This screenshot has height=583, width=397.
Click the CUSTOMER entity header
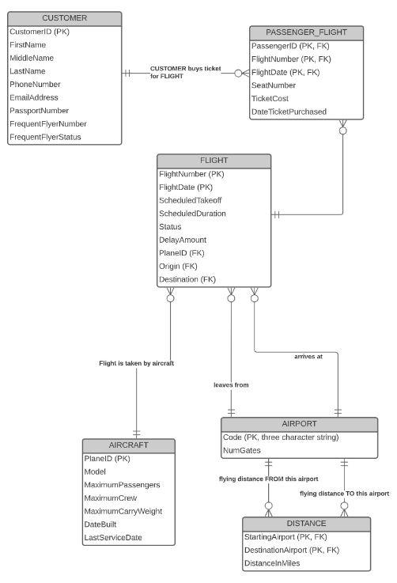click(65, 18)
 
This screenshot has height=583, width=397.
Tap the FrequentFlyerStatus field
click(45, 138)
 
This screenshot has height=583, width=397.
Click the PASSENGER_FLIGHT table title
click(306, 32)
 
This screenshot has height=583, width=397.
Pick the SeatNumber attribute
click(273, 85)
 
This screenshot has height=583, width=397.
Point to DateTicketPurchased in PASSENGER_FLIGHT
click(289, 112)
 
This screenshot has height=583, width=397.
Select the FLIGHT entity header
click(214, 161)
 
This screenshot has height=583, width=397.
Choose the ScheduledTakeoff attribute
click(191, 200)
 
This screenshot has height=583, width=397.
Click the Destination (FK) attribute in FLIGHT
click(187, 280)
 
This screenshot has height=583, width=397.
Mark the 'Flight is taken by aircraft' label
click(136, 363)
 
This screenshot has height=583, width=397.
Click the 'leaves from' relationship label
click(231, 384)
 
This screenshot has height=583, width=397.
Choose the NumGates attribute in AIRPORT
click(242, 450)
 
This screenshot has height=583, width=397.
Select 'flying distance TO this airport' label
click(344, 493)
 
